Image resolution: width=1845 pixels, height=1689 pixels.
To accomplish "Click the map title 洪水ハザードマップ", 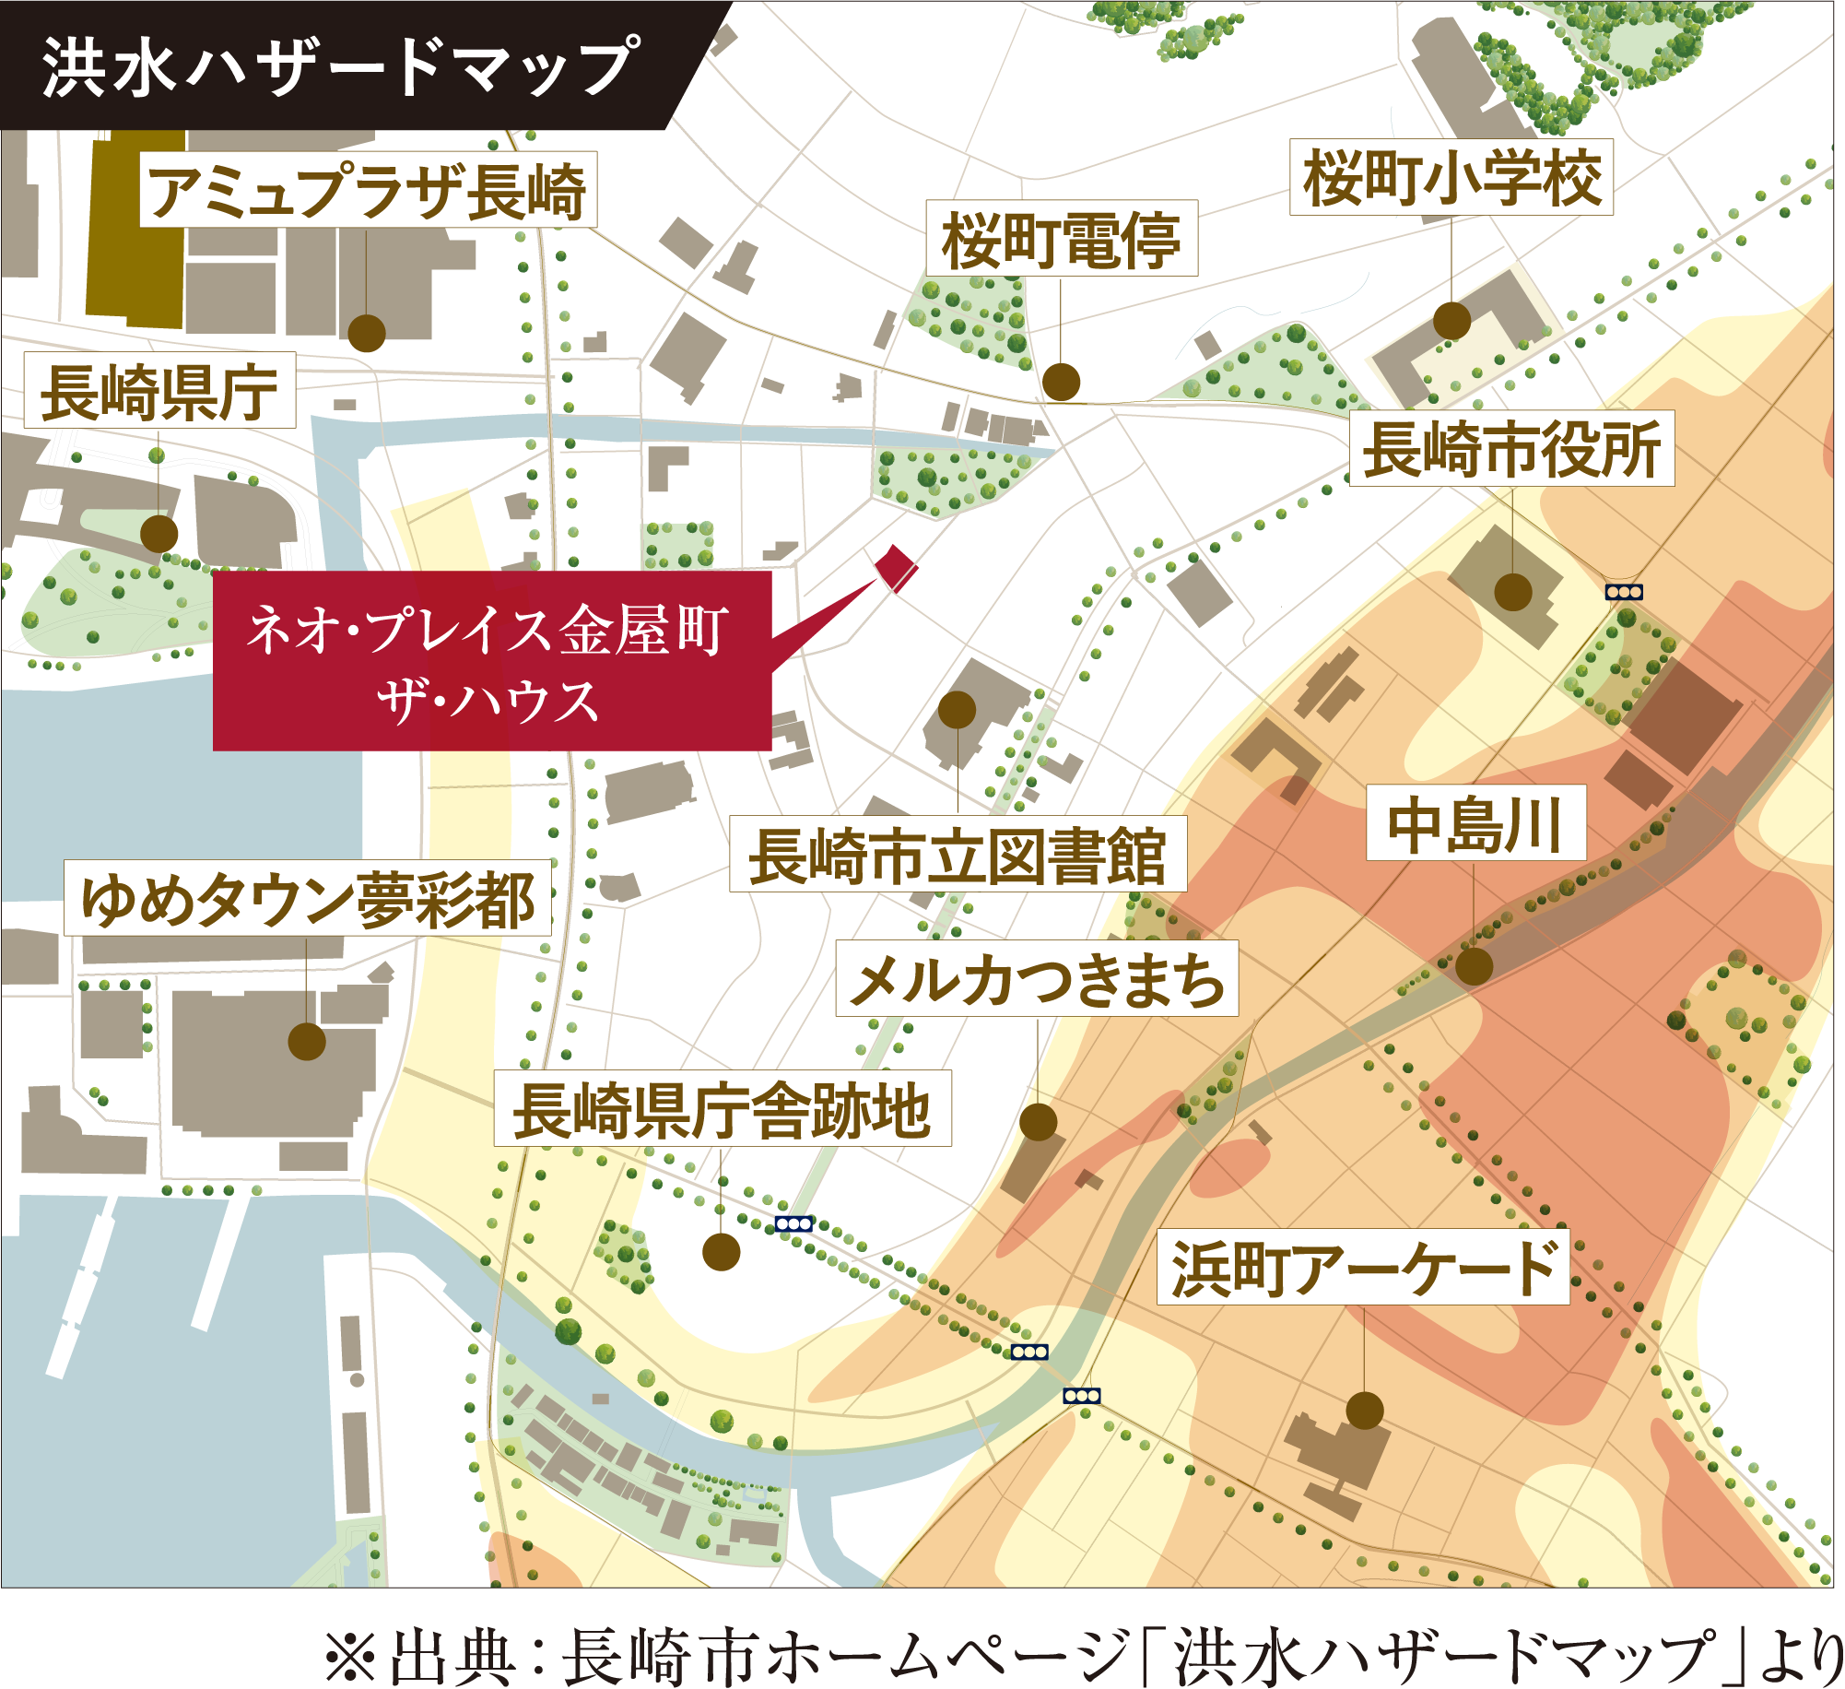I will coord(339,66).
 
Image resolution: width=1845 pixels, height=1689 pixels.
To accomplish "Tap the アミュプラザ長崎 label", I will coord(368,191).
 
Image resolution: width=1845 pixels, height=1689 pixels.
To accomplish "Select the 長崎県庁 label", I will coord(159,391).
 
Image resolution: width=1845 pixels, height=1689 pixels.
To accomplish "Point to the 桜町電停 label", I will coord(1062,239).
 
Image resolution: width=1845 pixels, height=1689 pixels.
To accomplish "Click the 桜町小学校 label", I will coord(1451,178).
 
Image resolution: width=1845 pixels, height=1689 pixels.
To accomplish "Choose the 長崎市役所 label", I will coord(1511,449).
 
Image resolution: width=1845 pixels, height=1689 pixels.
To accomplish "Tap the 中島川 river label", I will coord(1475,823).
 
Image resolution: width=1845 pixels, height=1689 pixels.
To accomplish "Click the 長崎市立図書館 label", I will coord(958,855).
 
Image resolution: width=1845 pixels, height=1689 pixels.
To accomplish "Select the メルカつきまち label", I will coord(1037,979).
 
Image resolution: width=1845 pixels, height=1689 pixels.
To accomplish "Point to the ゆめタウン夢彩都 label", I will coord(308,899).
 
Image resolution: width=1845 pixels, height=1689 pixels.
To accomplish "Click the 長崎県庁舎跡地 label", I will coord(723,1109).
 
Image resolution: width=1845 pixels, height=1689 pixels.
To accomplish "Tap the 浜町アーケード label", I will coord(1363,1268).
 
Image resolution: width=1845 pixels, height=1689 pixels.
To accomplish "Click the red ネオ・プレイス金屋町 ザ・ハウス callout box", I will coord(491,661).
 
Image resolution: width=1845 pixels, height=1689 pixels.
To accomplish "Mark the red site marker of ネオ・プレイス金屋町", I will coord(895,566).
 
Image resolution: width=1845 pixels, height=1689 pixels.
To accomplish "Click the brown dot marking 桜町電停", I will coord(1061,382).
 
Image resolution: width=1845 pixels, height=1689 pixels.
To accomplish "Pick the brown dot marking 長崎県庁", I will coord(159,533).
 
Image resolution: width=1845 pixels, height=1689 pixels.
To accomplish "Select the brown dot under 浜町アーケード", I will coord(1364,1411).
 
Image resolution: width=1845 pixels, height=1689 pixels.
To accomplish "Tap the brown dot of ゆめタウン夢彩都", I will coord(307,1042).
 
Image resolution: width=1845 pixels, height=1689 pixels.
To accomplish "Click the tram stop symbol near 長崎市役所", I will coord(1624,592).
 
